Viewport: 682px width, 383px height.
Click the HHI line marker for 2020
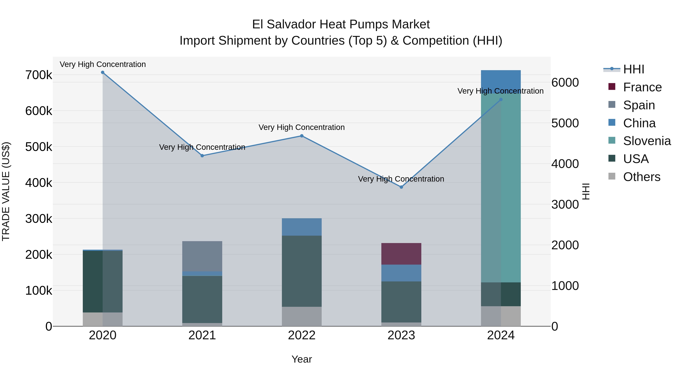tap(103, 72)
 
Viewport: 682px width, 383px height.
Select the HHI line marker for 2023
tap(401, 187)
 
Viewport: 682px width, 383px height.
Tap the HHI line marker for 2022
tap(302, 136)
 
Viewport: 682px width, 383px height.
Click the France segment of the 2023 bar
tap(401, 254)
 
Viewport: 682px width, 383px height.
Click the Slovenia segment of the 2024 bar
tap(501, 185)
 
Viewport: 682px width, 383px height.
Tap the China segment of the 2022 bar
tap(302, 227)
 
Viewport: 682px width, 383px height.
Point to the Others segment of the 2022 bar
tap(302, 316)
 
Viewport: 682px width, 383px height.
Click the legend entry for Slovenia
tap(647, 141)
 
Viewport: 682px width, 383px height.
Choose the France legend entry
tap(642, 87)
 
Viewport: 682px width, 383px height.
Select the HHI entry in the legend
tap(633, 69)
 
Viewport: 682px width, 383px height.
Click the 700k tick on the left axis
tap(39, 75)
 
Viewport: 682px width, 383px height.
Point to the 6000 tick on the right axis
tap(565, 82)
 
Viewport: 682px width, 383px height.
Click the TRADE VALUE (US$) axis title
tap(6, 191)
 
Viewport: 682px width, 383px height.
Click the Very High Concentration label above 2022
tap(302, 127)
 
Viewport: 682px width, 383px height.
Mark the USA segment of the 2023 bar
tap(401, 302)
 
